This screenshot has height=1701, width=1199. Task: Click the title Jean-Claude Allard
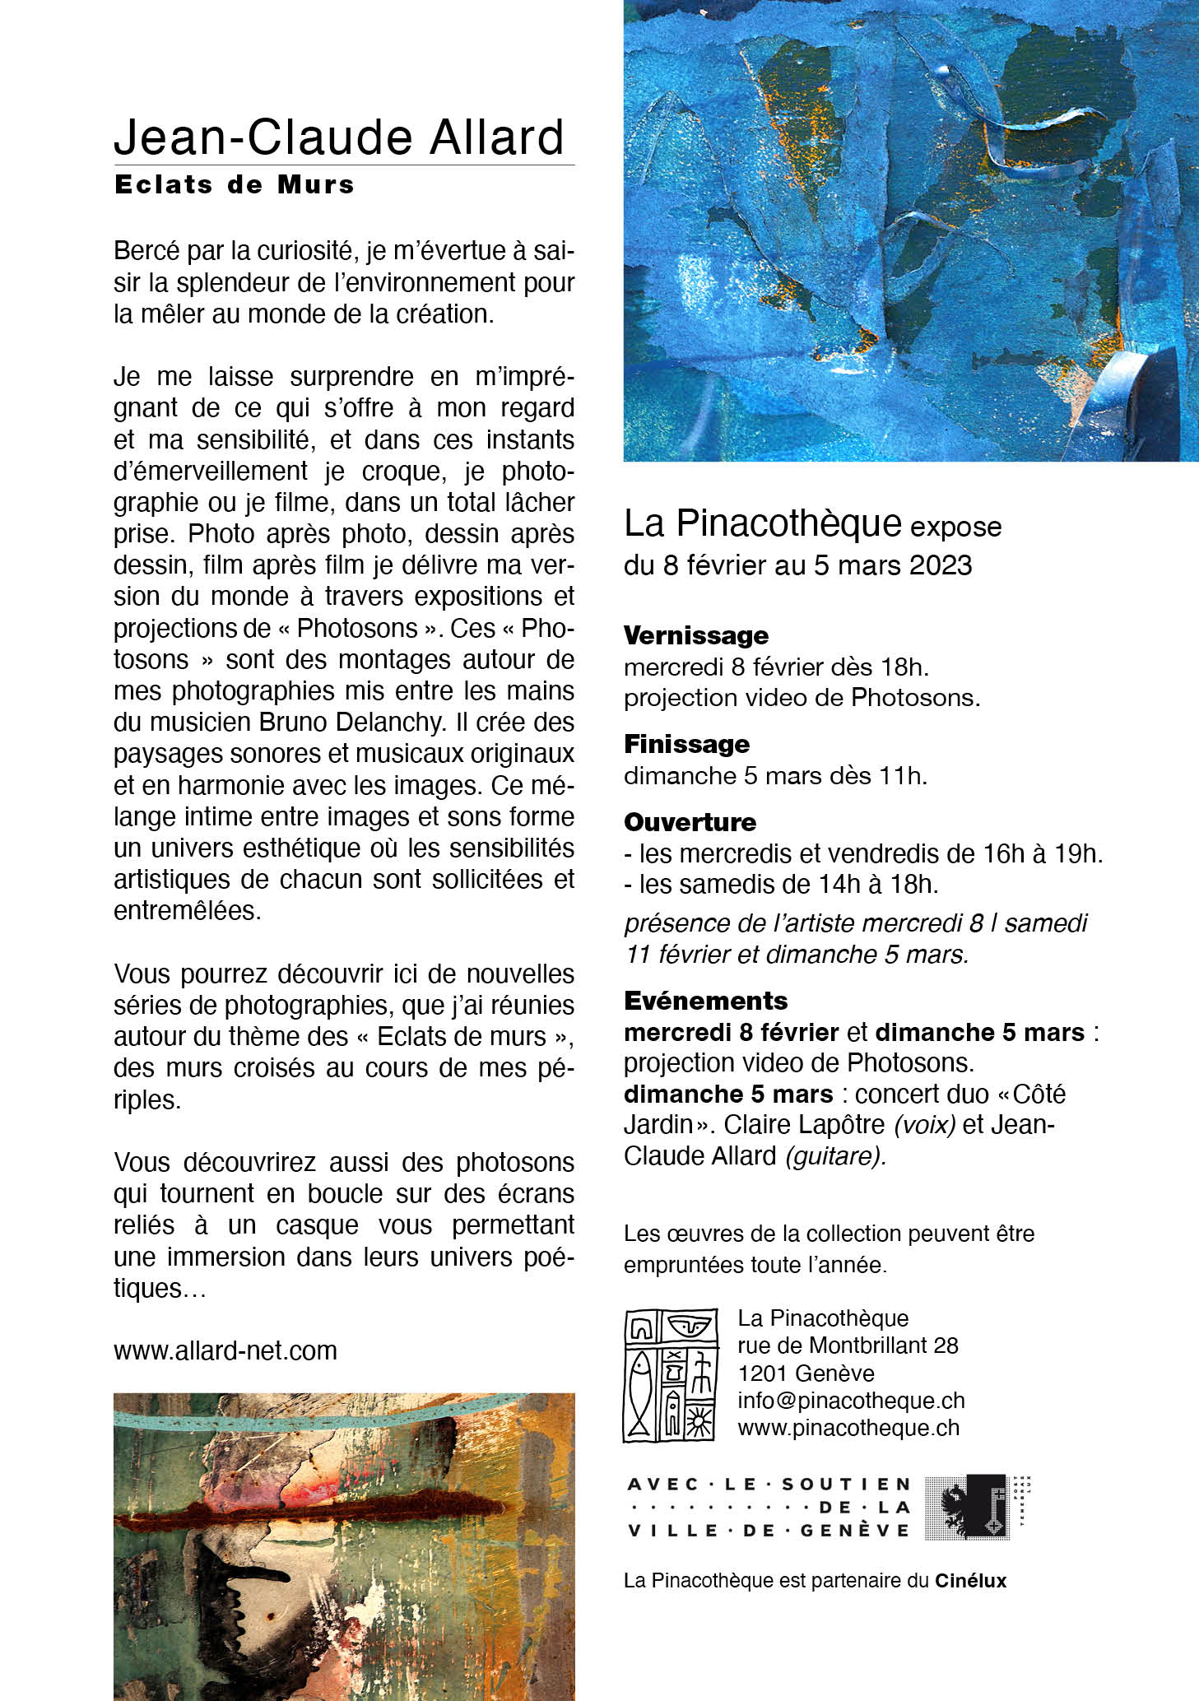339,137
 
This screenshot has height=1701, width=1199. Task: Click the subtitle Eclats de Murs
235,184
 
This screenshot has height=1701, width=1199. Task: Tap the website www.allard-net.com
225,1350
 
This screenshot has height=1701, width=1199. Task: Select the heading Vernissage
696,635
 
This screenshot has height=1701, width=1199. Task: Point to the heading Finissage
686,744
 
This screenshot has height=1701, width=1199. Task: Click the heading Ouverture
690,821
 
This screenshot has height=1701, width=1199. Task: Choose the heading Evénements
705,1000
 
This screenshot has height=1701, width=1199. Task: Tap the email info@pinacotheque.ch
851,1400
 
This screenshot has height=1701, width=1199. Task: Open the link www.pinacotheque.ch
848,1427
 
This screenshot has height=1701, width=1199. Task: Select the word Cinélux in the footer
970,1580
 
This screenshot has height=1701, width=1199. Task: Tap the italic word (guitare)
835,1155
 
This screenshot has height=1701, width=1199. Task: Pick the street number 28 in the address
946,1345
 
